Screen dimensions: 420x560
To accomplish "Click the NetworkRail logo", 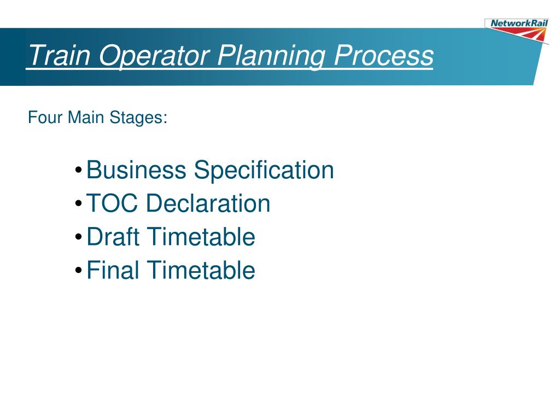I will point(517,29).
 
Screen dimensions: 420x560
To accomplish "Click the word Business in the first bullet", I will point(136,170).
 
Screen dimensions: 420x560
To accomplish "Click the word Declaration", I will point(208,203).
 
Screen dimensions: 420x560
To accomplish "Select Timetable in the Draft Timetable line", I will point(201,237).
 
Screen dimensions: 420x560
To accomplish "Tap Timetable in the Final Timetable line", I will point(201,270).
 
